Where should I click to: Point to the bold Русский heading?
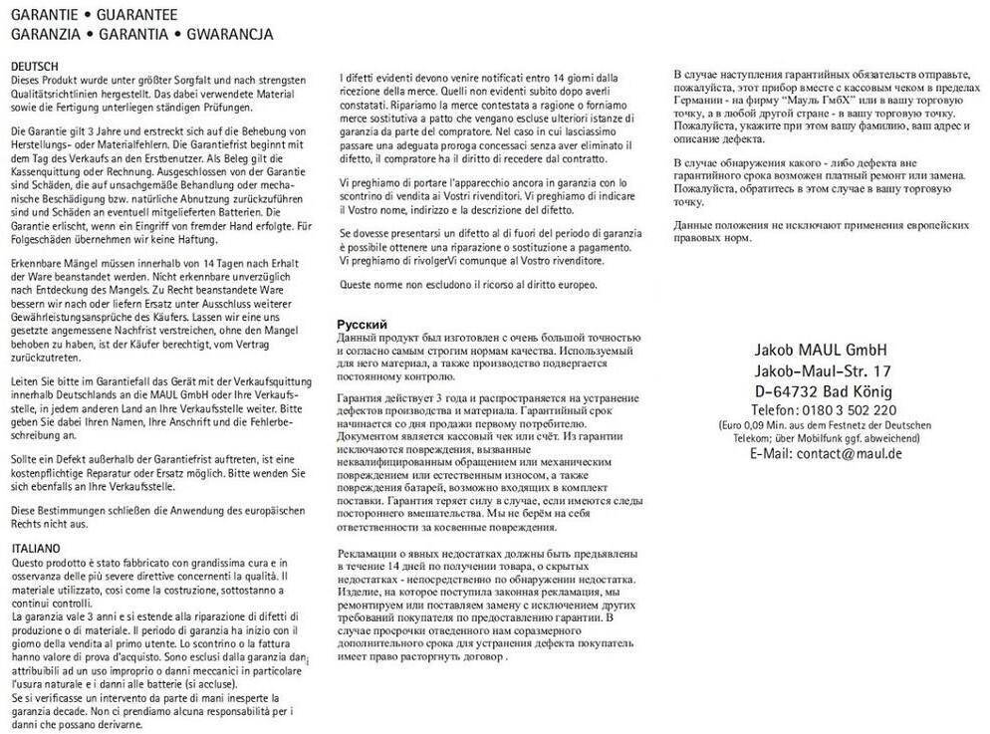363,325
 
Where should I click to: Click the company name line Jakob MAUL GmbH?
822,350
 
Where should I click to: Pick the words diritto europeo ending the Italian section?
563,285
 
